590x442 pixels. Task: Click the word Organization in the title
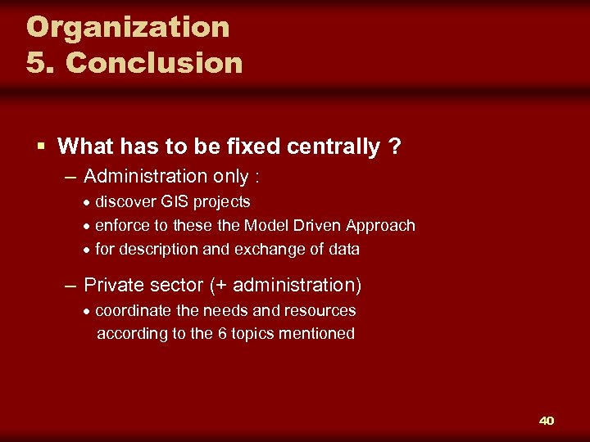[x=128, y=27]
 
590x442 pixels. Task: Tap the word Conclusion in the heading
[x=154, y=63]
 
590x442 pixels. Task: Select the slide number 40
[x=547, y=421]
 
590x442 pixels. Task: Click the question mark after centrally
[x=395, y=147]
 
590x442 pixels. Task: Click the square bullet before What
[x=41, y=147]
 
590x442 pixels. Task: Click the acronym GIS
[x=179, y=201]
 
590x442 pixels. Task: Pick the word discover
[x=126, y=201]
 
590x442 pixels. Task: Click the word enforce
[x=122, y=225]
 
